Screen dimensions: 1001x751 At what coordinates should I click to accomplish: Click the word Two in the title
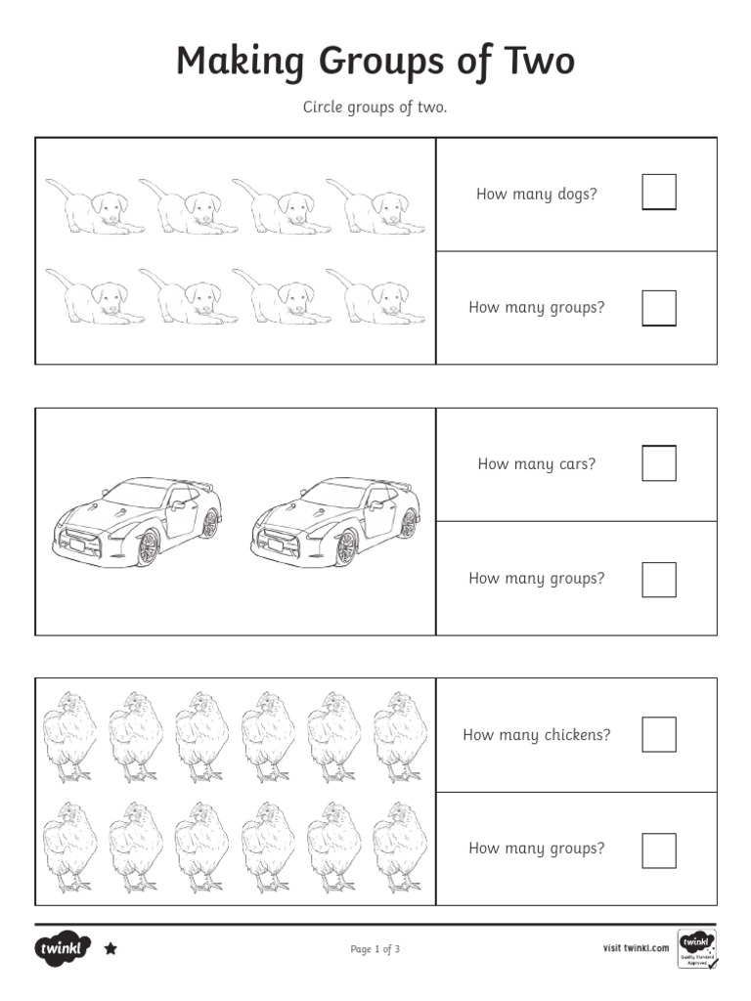pos(533,62)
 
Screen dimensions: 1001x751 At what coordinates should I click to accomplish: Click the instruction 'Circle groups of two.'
pos(375,108)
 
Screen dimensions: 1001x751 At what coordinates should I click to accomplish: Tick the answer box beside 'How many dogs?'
pos(658,193)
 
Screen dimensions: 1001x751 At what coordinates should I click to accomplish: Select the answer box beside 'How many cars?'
pos(658,463)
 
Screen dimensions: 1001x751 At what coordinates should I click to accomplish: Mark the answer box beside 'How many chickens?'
pos(658,734)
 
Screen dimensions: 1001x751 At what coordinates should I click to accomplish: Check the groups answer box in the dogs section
pos(658,307)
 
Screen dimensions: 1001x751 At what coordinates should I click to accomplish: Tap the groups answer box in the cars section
pos(658,579)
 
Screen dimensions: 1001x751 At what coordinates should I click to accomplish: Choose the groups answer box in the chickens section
pos(658,849)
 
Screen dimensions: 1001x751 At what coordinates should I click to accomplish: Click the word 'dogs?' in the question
pos(577,195)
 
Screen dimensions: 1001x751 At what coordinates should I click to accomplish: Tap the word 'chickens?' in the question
pos(577,735)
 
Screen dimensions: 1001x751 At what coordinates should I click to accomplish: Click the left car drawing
pos(137,522)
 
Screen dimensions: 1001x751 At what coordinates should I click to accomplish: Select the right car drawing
pos(335,522)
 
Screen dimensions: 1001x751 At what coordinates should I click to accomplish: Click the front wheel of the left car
pos(148,547)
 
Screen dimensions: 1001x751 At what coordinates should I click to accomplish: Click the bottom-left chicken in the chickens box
pos(69,847)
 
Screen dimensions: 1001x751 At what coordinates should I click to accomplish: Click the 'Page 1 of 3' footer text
pos(375,949)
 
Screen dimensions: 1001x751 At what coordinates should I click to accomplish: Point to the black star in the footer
pos(110,948)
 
